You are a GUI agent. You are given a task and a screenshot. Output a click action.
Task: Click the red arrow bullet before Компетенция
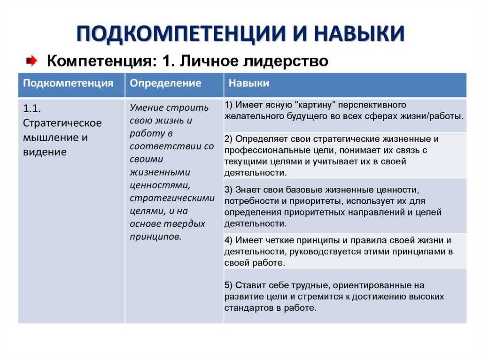tap(31, 61)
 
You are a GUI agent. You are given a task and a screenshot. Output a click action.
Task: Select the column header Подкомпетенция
tap(68, 83)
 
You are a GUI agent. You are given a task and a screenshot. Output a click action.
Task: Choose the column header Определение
tap(165, 83)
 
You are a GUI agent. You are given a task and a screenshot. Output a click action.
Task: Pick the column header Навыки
tap(249, 83)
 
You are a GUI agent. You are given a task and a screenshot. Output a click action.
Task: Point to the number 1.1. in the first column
tap(32, 108)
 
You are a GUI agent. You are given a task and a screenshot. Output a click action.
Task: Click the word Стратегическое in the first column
tap(62, 123)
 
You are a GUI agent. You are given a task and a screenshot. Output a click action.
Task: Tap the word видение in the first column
tap(45, 152)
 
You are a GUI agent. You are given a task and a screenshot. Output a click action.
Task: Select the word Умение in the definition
tap(146, 107)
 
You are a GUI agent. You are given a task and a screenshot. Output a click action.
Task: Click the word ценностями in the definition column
tap(160, 185)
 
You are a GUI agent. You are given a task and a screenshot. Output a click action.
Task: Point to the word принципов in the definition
tap(155, 237)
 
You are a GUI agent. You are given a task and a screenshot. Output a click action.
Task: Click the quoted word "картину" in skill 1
tap(315, 105)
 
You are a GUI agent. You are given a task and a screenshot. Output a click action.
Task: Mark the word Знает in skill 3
tap(248, 190)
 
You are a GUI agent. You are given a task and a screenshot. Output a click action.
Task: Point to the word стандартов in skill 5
tap(249, 308)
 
